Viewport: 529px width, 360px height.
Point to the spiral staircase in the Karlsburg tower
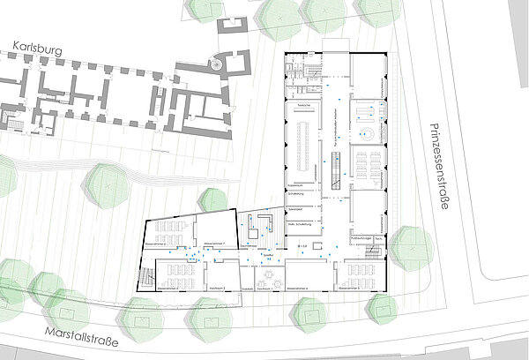(x=217, y=64)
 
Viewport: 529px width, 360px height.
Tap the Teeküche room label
(x=302, y=103)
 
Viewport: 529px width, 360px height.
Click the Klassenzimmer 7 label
(x=216, y=240)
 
